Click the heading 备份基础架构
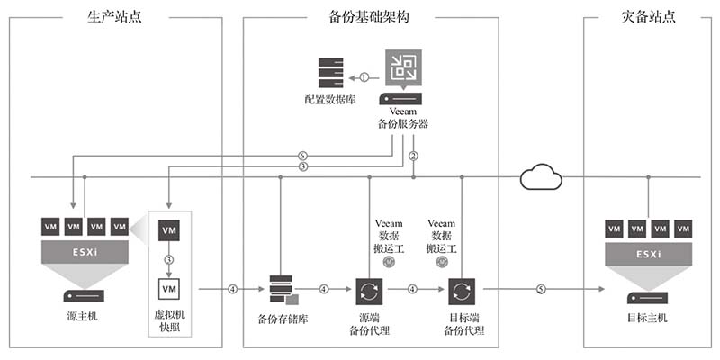(x=370, y=15)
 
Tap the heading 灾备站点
(x=649, y=15)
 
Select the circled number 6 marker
(x=302, y=156)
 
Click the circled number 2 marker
(x=413, y=156)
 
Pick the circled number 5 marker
(x=541, y=289)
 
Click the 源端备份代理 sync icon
(x=370, y=291)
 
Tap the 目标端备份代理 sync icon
(x=462, y=291)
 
